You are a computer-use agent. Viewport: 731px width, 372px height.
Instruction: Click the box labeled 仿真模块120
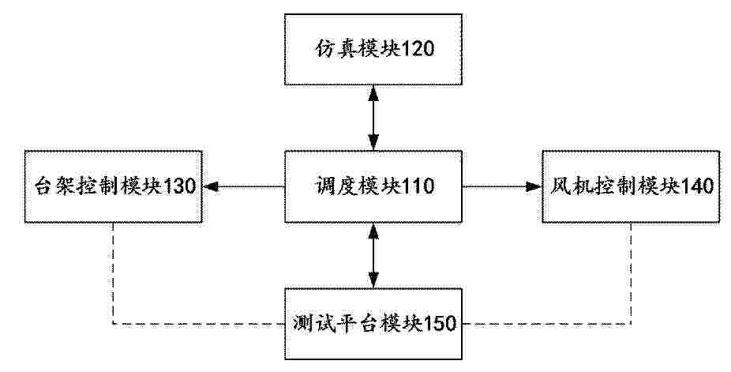click(x=373, y=49)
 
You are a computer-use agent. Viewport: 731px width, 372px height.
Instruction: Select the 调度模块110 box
click(x=373, y=186)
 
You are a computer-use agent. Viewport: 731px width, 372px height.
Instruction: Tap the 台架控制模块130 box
click(x=114, y=186)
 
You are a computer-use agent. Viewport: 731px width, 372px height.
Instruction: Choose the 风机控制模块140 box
click(x=630, y=186)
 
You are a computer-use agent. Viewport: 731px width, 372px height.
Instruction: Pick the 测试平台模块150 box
click(x=373, y=324)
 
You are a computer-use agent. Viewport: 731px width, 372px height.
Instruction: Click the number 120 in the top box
click(x=418, y=48)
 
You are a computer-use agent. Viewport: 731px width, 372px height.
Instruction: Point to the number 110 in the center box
click(x=418, y=186)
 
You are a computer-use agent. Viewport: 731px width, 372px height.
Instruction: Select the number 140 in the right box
click(x=697, y=186)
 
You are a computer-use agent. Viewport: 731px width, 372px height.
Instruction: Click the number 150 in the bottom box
click(x=439, y=323)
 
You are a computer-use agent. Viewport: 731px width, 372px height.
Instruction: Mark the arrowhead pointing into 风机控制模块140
click(x=534, y=186)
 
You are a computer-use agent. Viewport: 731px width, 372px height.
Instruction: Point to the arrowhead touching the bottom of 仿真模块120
click(x=373, y=93)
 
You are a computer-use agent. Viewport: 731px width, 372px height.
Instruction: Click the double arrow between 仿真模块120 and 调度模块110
click(x=373, y=118)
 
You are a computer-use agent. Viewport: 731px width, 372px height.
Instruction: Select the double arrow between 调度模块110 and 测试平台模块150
click(x=373, y=255)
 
